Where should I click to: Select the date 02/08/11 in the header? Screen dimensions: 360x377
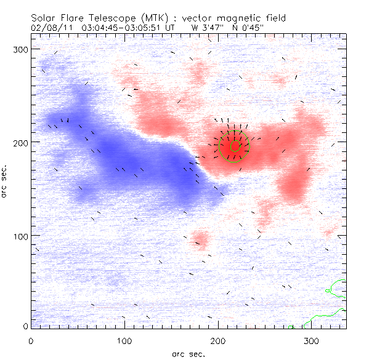click(47, 28)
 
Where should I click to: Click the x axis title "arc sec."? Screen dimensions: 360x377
click(188, 353)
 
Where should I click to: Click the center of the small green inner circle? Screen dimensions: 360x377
click(235, 146)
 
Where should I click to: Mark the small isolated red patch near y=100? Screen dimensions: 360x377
click(200, 238)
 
